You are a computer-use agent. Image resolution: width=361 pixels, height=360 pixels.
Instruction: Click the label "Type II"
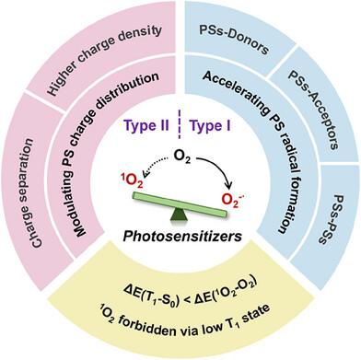tap(146, 126)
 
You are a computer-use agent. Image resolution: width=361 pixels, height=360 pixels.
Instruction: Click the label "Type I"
tap(210, 126)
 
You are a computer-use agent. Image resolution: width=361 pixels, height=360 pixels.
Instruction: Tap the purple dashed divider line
tap(180, 125)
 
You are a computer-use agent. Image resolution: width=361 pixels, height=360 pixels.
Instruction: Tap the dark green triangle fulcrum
tap(179, 214)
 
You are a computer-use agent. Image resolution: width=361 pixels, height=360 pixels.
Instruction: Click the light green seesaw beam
tap(180, 204)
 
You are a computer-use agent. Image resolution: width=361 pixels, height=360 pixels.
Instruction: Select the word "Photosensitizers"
tap(182, 236)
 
